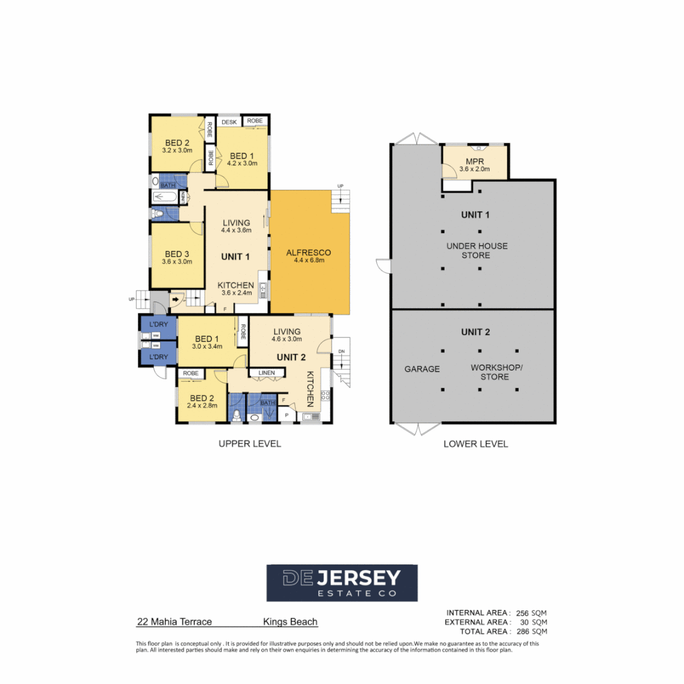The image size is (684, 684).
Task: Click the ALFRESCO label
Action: (309, 252)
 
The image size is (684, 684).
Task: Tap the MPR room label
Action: (475, 161)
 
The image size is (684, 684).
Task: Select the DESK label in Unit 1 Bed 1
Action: (229, 121)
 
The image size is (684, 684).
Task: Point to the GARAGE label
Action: (422, 369)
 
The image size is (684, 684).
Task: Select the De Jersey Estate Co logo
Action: (342, 583)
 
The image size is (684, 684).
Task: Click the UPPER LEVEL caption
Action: (250, 444)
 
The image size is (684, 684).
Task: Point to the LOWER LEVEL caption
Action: (476, 444)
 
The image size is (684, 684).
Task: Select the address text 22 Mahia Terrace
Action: (174, 622)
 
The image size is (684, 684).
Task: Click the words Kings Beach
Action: (290, 622)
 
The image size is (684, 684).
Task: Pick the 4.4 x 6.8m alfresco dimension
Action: (309, 260)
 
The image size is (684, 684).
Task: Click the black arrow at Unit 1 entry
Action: (175, 298)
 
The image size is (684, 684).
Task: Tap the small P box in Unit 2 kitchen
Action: (287, 415)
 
